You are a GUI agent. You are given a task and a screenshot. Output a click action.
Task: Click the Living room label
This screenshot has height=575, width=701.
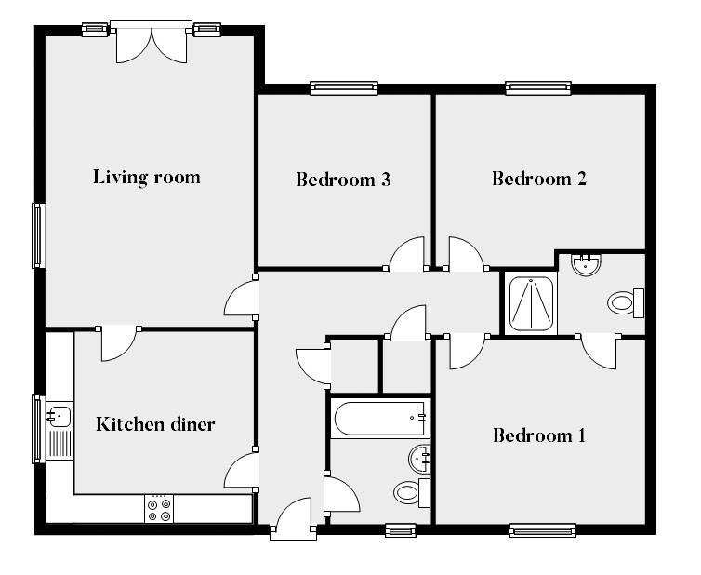coord(146,177)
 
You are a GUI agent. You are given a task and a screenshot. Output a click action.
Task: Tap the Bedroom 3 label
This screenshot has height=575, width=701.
coord(342,179)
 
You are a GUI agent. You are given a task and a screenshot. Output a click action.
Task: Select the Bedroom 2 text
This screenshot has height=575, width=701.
coord(539,179)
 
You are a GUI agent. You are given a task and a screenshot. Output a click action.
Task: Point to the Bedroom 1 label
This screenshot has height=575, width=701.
coord(539,435)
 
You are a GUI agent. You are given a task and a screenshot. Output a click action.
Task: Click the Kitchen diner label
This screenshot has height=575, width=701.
coord(155,424)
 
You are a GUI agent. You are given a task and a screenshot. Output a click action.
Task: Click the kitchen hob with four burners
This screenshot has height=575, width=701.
coord(158,509)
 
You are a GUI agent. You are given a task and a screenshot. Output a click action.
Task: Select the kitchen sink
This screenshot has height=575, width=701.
coord(59,415)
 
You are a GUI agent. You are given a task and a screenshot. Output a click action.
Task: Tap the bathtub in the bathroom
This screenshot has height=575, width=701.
coord(379,419)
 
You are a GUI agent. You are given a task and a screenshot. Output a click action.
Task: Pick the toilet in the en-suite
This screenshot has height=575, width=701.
coord(623,301)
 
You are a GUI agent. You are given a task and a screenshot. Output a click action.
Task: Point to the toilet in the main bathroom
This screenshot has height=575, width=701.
coord(409,492)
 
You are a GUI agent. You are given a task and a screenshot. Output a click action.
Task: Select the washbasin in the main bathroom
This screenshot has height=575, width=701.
coord(419,458)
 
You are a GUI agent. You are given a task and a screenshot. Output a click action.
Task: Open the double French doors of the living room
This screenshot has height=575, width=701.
coord(151,43)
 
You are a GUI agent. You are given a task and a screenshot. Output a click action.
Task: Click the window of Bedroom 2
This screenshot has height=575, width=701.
coord(538,88)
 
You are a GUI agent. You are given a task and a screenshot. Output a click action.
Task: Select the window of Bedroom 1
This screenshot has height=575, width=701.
coord(542,530)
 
